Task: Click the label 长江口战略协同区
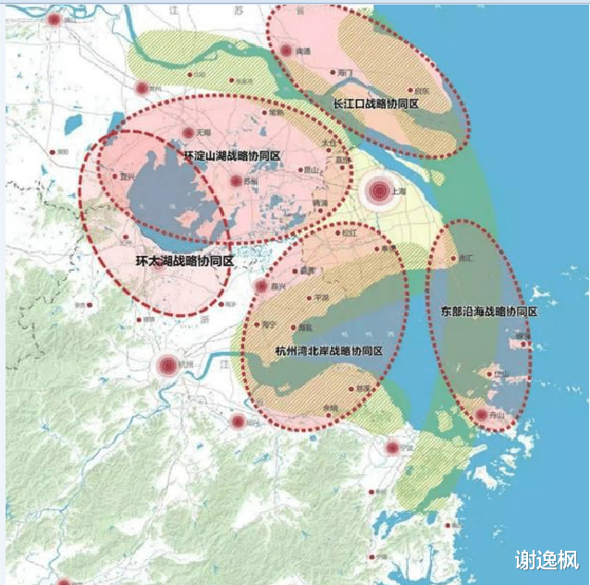point(376,104)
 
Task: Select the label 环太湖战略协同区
point(184,262)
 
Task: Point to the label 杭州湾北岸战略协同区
point(329,352)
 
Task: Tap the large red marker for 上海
point(378,191)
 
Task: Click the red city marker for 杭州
point(167,366)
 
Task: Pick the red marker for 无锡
point(188,135)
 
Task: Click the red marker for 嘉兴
point(261,286)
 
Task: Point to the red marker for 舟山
point(481,416)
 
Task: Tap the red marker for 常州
point(142,89)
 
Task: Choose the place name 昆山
point(312,170)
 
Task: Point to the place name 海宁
point(269,324)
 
